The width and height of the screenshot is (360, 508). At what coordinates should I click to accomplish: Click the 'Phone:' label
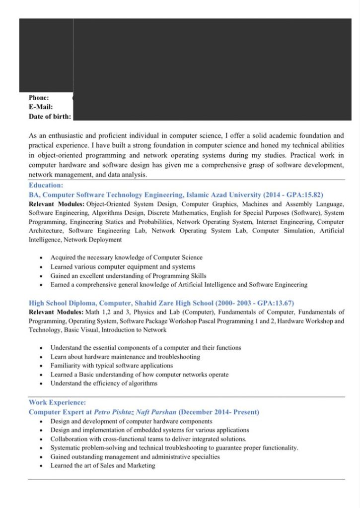point(39,98)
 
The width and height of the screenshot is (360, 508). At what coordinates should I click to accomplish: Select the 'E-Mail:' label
point(41,107)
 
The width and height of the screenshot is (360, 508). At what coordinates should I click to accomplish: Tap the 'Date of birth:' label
point(50,117)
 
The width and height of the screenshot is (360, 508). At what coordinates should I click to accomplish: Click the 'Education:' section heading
point(46,185)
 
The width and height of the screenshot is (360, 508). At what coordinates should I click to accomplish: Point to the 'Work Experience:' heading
point(57,402)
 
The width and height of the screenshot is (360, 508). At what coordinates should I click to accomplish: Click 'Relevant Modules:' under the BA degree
point(57,204)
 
